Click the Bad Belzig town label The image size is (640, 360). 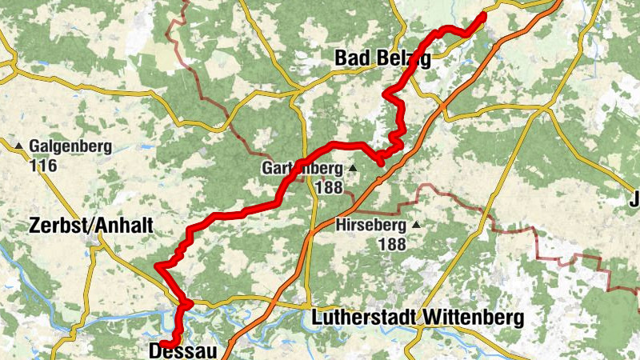tap(382, 58)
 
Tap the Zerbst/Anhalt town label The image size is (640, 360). tap(90, 226)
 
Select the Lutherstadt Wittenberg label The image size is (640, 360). tap(416, 318)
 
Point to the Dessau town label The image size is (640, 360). tap(183, 350)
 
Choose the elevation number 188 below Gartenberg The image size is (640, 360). tap(329, 187)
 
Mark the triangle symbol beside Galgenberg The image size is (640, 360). tap(18, 146)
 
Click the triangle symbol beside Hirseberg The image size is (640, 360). tap(416, 225)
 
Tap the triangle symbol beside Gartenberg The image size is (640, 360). tap(352, 168)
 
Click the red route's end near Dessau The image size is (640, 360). tap(162, 344)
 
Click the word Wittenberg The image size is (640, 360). tap(471, 318)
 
